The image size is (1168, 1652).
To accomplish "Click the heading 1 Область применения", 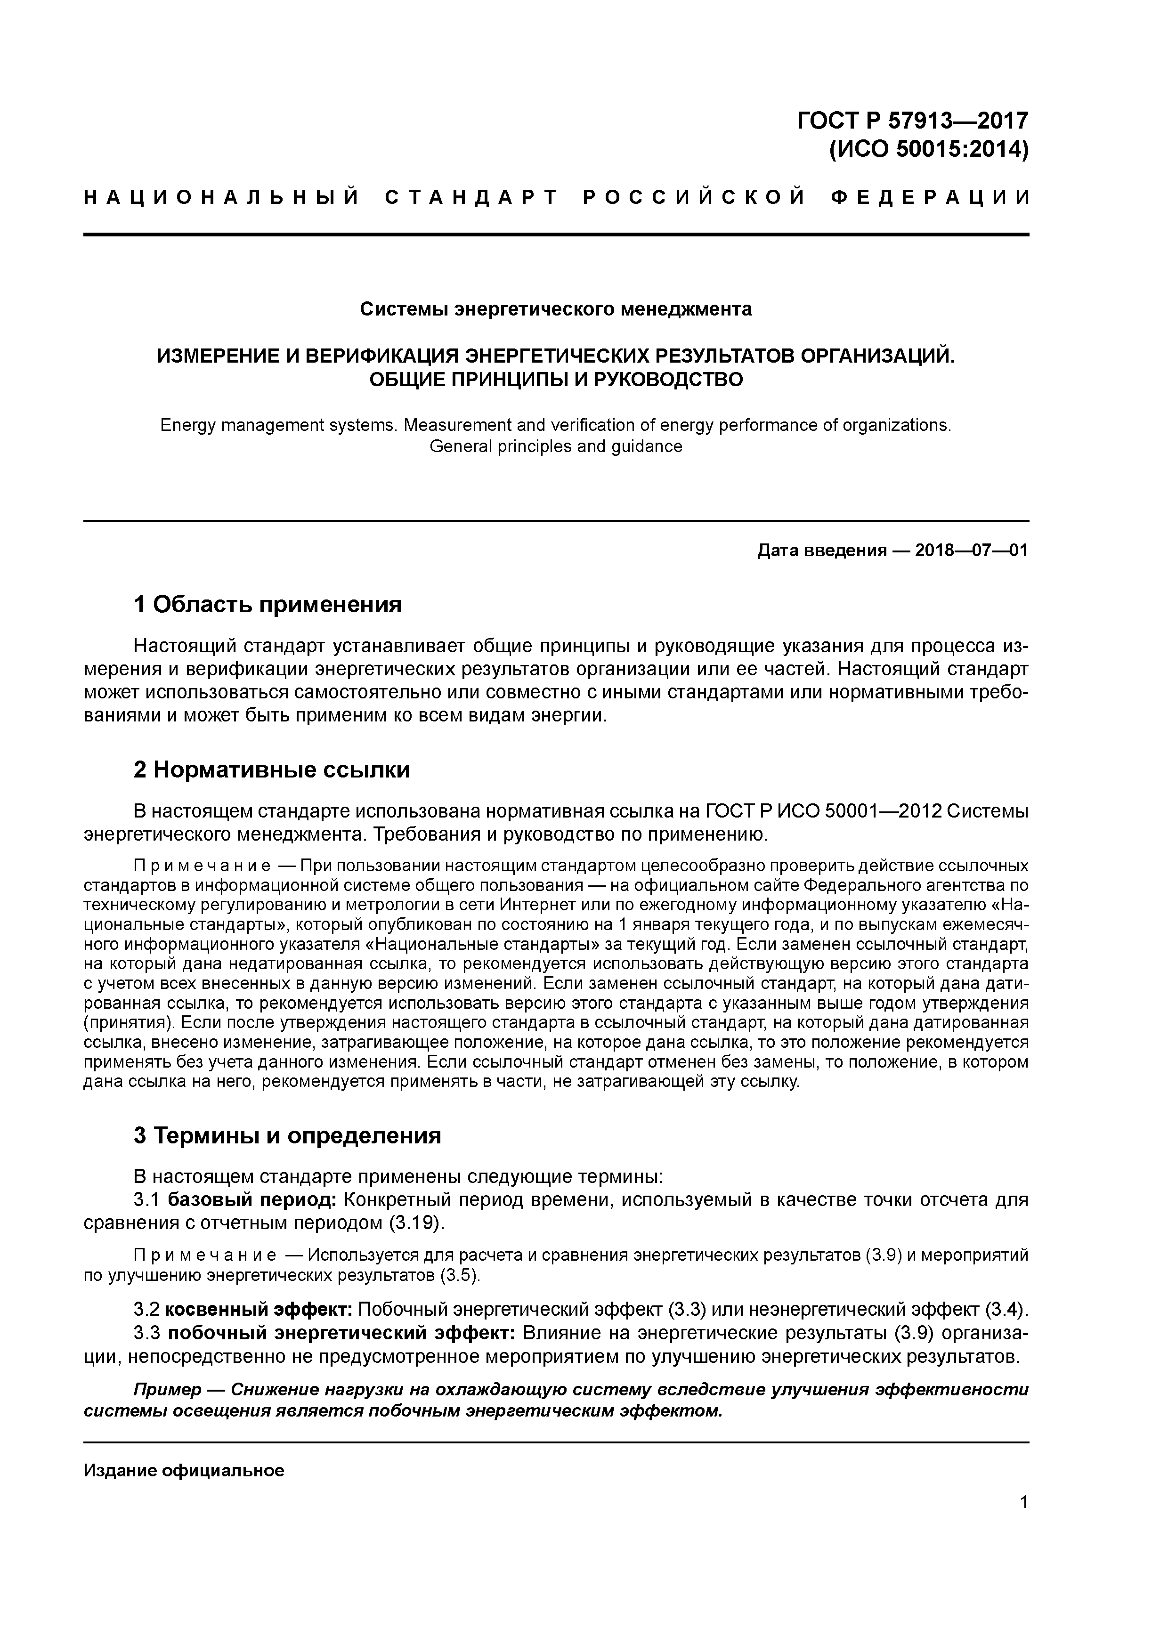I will [x=268, y=604].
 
